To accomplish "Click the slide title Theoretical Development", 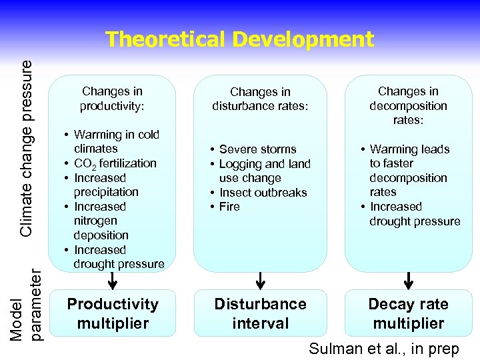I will coord(239,39).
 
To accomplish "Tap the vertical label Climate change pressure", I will coord(26,147).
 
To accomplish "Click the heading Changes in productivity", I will coord(112,99).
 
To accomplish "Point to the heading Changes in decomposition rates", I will coord(408,105).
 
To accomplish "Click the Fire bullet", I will coord(229,207).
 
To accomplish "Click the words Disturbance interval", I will coord(260,313).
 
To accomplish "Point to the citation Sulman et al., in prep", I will coord(383,349).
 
